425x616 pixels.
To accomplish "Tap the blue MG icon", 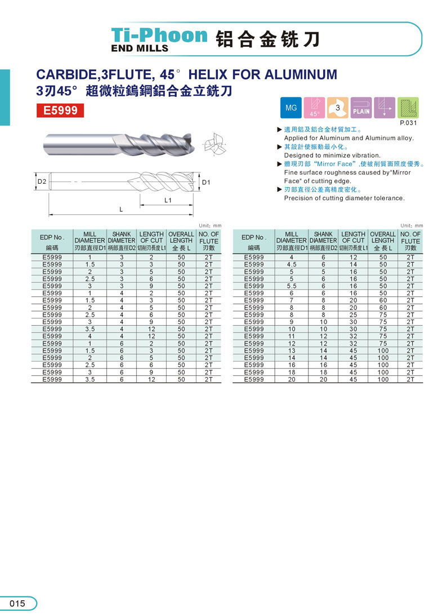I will click(x=290, y=107).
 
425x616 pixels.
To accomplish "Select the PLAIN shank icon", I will click(x=361, y=107).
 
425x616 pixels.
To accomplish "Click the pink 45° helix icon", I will click(x=314, y=107).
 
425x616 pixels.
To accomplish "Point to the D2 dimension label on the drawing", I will click(x=42, y=181).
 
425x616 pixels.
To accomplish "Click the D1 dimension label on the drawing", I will click(x=206, y=182).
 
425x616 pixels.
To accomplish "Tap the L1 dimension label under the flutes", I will click(x=168, y=200).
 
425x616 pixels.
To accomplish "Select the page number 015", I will click(x=17, y=604).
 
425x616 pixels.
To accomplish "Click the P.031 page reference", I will click(x=407, y=123).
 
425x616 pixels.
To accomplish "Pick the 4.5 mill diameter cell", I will click(x=292, y=264).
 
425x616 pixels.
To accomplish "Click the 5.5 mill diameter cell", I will click(x=292, y=286).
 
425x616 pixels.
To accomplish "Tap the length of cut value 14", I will click(x=354, y=264).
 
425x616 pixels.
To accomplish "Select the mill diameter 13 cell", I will click(x=292, y=351).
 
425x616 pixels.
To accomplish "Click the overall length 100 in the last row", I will click(x=383, y=379).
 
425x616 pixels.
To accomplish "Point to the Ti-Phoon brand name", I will click(x=159, y=35).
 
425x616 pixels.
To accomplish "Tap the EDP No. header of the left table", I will click(x=52, y=237).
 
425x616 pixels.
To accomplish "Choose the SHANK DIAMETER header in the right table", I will click(x=323, y=237).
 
